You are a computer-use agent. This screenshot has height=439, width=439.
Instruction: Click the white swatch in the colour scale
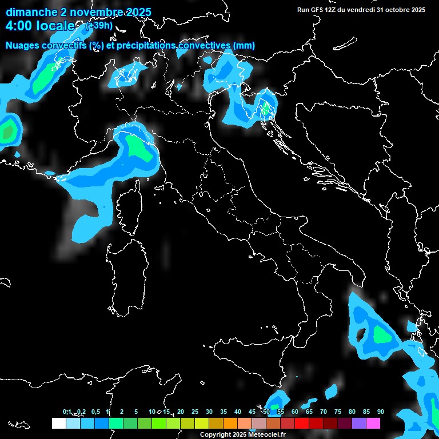(58, 423)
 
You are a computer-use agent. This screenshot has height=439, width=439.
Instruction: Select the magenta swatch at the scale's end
(373, 423)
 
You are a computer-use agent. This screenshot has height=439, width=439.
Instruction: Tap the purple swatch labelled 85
(359, 423)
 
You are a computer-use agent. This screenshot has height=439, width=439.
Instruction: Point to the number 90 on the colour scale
(380, 412)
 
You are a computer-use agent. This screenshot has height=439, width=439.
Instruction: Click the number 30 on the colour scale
(209, 412)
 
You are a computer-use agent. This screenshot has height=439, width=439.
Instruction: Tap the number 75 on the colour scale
(338, 412)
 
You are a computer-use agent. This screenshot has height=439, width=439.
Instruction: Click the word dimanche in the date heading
(31, 12)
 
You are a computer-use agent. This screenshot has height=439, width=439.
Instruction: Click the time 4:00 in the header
(17, 26)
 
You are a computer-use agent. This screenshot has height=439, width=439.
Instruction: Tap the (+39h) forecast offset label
(98, 25)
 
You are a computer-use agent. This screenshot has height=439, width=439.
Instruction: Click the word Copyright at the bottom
(214, 435)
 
